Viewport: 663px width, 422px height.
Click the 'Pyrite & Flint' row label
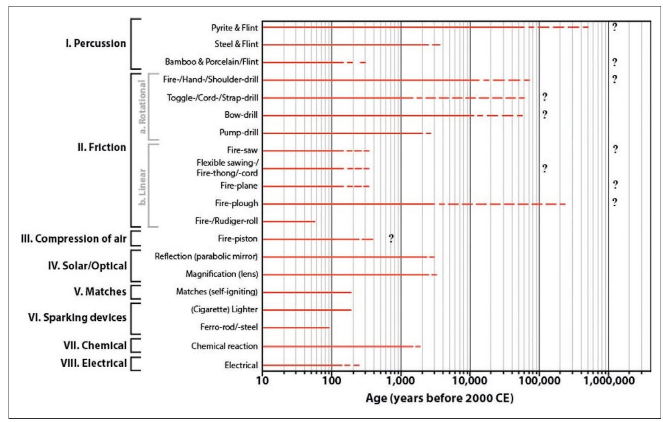coord(234,28)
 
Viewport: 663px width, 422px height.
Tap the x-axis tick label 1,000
coord(401,381)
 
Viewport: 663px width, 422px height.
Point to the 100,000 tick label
coord(539,381)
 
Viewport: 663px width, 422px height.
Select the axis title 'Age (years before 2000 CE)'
coord(439,398)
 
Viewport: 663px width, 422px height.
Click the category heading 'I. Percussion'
coord(96,44)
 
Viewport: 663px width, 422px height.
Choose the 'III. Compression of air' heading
coord(74,239)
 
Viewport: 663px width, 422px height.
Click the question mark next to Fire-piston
coord(391,238)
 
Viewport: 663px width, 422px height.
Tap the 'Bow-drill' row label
coord(241,115)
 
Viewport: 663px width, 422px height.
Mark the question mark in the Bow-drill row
coord(544,115)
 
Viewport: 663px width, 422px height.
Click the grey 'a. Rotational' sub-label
coord(142,107)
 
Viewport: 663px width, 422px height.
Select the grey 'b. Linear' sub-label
coord(142,187)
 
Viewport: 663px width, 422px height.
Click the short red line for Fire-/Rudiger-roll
coord(288,222)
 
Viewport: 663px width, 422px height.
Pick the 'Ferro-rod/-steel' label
coord(229,327)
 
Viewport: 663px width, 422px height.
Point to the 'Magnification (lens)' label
coord(222,274)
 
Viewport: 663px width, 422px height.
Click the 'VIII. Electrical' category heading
coord(94,363)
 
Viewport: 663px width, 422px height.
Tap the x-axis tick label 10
coord(262,381)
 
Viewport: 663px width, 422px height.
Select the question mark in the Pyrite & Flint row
coord(614,27)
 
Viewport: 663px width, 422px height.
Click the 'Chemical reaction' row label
coord(224,346)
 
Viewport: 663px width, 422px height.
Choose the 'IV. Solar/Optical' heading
coord(87,266)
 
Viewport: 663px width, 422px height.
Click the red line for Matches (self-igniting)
coord(307,292)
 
